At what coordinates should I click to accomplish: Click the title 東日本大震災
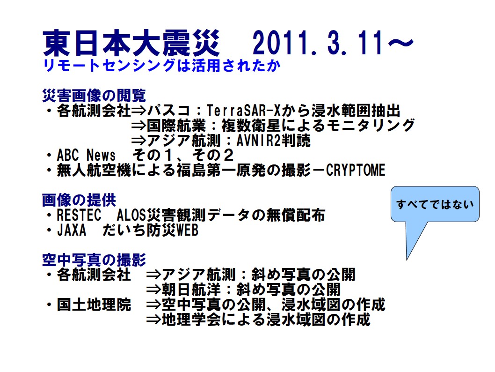click(131, 44)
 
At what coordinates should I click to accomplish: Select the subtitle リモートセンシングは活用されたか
click(161, 66)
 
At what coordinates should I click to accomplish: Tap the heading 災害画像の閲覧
click(94, 96)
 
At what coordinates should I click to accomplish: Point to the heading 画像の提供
click(79, 200)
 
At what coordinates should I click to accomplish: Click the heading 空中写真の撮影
click(94, 260)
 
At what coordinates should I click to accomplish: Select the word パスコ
click(168, 111)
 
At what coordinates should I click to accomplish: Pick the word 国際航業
click(176, 126)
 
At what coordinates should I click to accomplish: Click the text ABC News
click(86, 155)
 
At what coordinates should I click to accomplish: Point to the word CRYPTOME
click(356, 171)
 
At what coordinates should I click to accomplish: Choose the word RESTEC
click(79, 215)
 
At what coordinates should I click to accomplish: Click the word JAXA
click(71, 230)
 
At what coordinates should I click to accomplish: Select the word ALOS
click(131, 215)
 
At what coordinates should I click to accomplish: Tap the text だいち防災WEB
click(150, 230)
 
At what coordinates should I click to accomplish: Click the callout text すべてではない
click(435, 204)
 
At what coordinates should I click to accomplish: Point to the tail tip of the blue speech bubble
click(407, 260)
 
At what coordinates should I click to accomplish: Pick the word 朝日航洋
click(191, 290)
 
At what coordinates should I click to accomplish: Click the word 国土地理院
click(94, 305)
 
